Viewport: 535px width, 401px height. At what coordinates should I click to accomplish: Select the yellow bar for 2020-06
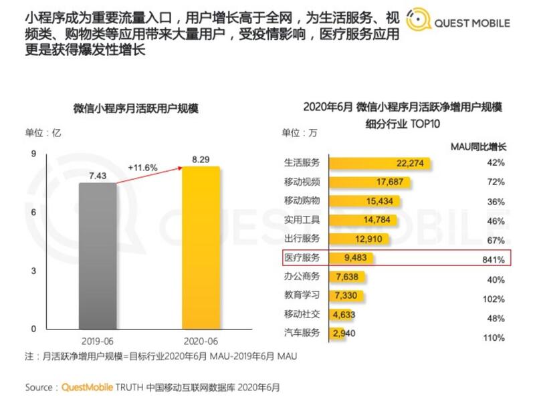(201, 247)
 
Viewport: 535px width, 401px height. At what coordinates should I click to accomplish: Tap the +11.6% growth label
(142, 168)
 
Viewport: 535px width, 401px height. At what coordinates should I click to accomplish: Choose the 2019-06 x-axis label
(98, 339)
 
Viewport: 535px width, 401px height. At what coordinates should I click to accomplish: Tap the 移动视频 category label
(302, 182)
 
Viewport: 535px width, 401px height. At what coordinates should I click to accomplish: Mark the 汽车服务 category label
(302, 332)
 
